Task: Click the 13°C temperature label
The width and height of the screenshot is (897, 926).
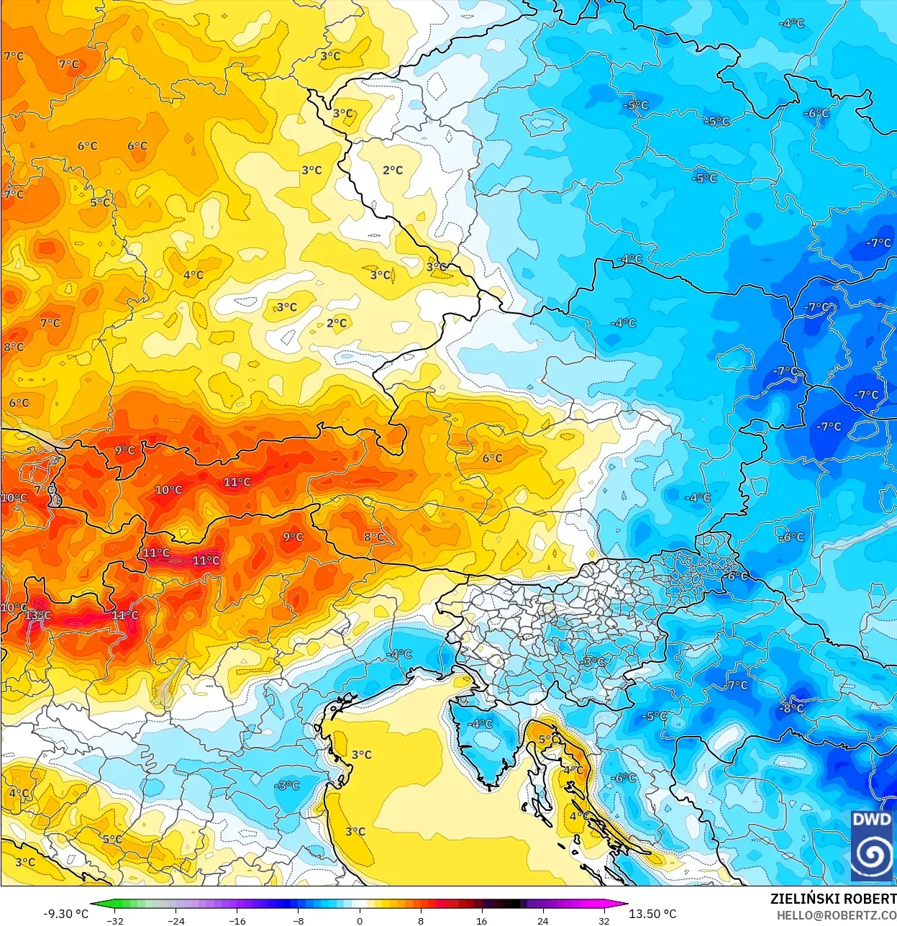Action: (37, 616)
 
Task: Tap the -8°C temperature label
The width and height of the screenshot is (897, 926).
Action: (791, 708)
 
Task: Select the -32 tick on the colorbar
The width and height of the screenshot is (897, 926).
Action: (115, 920)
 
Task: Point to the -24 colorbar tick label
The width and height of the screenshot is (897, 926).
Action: (176, 920)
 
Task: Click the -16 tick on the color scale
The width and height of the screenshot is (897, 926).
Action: (237, 920)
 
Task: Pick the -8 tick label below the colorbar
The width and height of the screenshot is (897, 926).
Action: (299, 920)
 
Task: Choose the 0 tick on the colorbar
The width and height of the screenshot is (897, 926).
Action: (360, 920)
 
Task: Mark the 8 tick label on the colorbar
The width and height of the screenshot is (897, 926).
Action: (421, 920)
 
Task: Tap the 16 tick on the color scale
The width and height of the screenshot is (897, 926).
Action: (481, 920)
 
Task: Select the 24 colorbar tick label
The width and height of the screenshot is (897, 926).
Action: (542, 920)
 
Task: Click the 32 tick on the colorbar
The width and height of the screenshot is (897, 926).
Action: (604, 920)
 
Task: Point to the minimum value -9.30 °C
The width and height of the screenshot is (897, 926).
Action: (66, 914)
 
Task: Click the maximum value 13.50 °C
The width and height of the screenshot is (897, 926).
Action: (652, 914)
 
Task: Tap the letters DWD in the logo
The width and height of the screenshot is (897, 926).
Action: (871, 820)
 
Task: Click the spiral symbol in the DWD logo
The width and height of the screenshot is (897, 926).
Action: (871, 854)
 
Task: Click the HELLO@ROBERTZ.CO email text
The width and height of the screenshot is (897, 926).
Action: (836, 915)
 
